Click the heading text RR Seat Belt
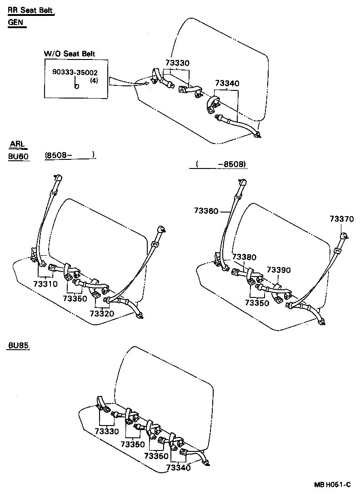31,11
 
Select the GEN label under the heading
17,22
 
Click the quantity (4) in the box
94,80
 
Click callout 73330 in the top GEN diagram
177,63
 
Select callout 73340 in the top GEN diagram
227,84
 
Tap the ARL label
19,145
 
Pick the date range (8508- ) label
70,155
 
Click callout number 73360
206,211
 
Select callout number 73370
341,219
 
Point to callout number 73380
244,257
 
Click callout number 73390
278,270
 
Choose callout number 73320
101,313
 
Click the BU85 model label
19,346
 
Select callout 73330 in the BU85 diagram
107,431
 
